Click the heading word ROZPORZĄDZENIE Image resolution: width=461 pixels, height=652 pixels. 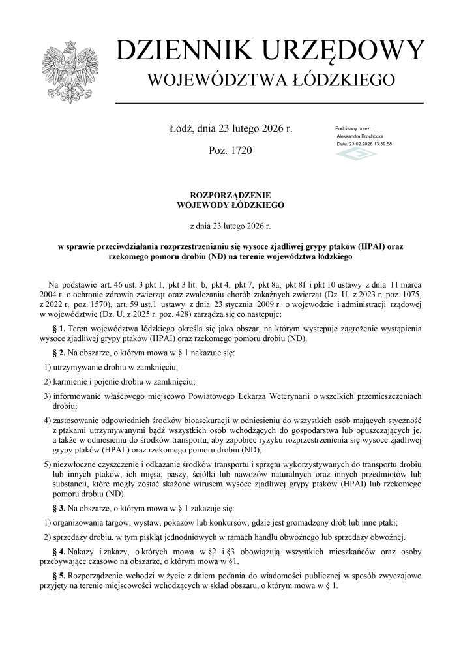point(230,195)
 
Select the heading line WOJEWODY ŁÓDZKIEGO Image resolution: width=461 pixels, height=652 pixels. point(230,205)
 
